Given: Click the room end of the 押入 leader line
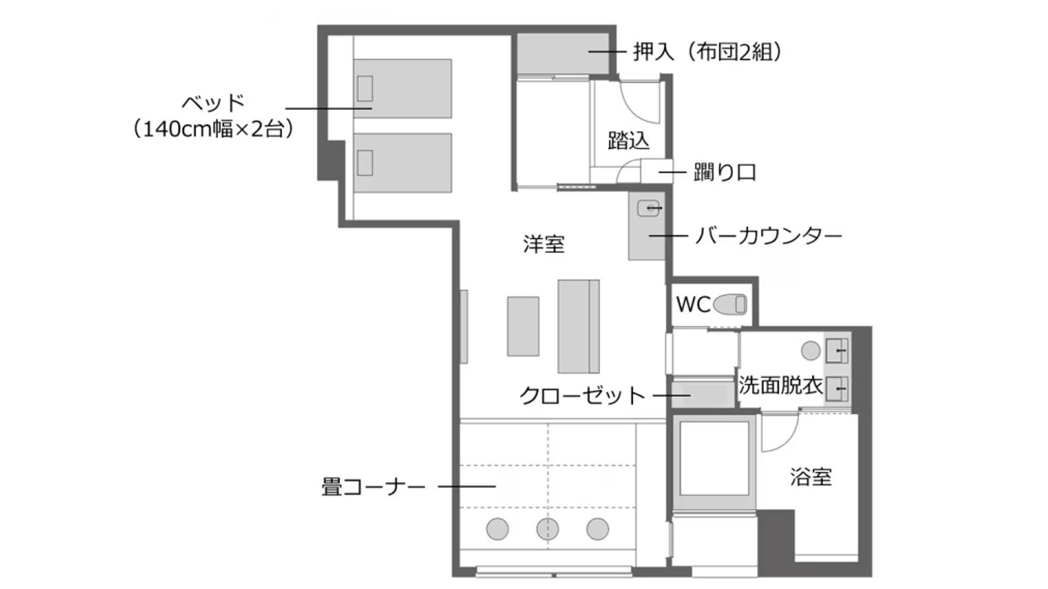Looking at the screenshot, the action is [x=588, y=51].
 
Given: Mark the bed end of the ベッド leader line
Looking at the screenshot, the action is [x=372, y=108].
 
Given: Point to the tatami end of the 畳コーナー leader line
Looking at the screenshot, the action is [x=495, y=486].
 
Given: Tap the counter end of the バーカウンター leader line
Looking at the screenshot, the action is [x=650, y=236].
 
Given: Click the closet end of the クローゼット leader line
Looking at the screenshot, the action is [x=690, y=395].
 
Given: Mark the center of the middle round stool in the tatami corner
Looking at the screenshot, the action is [x=548, y=529].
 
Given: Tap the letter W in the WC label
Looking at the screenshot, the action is [x=685, y=304].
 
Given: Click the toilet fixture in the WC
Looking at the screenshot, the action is [x=729, y=304].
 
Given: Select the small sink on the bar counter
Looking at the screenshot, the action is [x=648, y=208].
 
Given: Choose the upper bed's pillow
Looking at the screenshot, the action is [x=365, y=88].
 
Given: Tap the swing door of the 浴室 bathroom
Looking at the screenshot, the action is [x=780, y=432].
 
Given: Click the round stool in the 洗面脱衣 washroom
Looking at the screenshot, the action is [x=811, y=351].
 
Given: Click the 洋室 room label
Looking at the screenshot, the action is [x=544, y=244].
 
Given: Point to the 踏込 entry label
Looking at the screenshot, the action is [x=629, y=140].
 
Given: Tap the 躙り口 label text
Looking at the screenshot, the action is [x=725, y=172].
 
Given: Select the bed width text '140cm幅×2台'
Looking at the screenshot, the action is [x=212, y=129].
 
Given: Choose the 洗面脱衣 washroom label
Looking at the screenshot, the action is [x=780, y=385].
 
